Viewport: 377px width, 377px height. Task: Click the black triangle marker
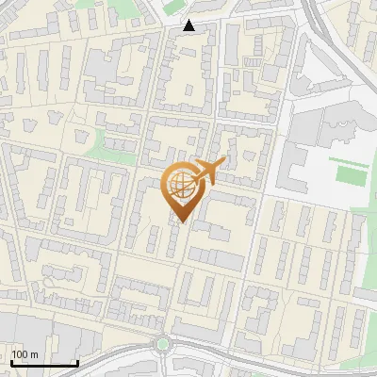click(189, 25)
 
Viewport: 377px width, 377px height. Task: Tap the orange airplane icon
click(203, 172)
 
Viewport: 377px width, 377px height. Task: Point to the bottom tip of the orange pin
click(182, 222)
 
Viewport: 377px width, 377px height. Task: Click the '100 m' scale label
click(25, 354)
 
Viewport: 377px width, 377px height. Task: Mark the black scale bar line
click(43, 363)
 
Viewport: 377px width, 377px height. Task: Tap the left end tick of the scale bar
click(10, 362)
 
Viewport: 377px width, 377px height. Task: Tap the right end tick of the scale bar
click(77, 362)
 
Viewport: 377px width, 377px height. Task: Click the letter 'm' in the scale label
click(34, 354)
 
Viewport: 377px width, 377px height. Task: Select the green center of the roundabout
click(162, 344)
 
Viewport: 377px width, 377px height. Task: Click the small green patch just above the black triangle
click(174, 10)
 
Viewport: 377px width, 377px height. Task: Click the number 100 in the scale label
click(20, 354)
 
